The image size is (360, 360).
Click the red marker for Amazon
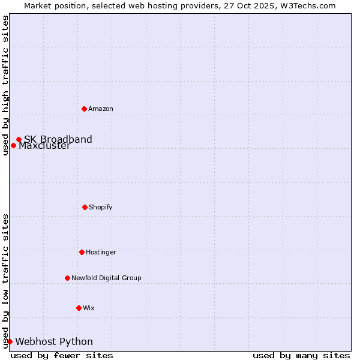click(x=84, y=109)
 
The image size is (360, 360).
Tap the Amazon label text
click(x=101, y=109)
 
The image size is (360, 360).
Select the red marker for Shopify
click(x=85, y=207)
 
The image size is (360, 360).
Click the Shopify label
click(x=101, y=208)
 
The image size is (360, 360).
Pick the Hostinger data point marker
click(x=82, y=252)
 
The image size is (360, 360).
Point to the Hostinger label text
click(x=101, y=253)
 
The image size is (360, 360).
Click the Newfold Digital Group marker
click(x=67, y=278)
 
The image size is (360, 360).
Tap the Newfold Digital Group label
click(x=106, y=278)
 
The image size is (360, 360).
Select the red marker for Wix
click(x=79, y=308)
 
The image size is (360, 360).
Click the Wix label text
click(x=89, y=308)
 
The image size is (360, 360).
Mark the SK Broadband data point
click(x=19, y=139)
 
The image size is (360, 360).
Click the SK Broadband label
click(x=58, y=140)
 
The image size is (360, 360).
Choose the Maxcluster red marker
click(x=13, y=145)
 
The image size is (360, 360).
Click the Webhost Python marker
click(x=10, y=341)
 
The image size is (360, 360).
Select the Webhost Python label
click(x=54, y=342)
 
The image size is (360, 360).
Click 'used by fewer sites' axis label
click(x=62, y=355)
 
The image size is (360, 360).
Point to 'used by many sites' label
click(x=301, y=355)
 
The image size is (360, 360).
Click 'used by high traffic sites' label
click(x=5, y=85)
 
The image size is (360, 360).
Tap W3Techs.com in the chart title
click(x=307, y=5)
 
